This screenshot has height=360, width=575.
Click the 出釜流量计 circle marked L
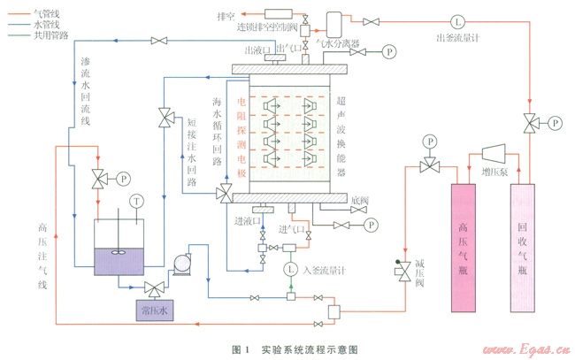tap(457, 21)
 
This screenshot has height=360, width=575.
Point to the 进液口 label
tap(247, 221)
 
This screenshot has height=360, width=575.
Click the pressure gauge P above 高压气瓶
tap(429, 141)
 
